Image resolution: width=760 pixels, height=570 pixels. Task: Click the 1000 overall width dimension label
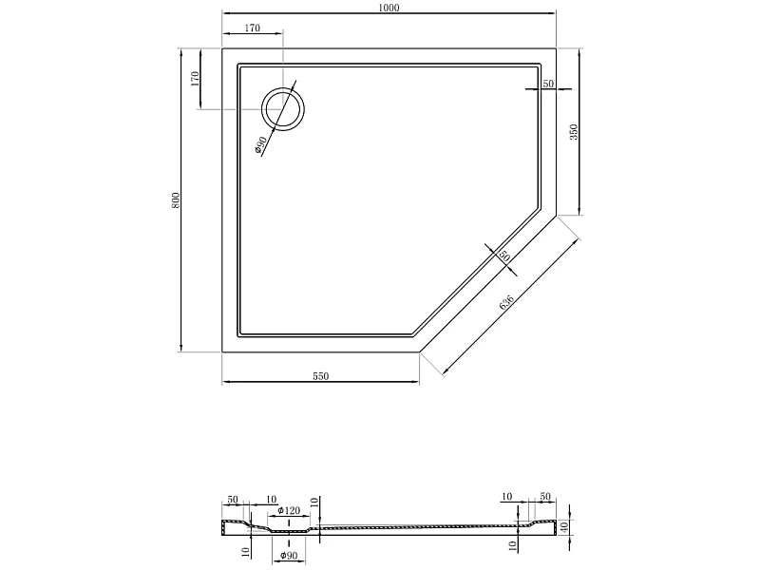(x=389, y=7)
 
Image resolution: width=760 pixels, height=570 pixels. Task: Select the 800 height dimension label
(x=176, y=200)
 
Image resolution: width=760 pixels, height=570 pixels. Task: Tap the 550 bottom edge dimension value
(x=320, y=375)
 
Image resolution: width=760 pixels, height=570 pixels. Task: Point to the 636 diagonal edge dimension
(x=506, y=301)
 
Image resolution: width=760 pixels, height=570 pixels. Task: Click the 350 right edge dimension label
(x=574, y=132)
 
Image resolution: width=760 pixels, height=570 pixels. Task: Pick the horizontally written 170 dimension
(x=252, y=28)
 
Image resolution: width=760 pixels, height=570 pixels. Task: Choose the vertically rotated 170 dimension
(x=195, y=79)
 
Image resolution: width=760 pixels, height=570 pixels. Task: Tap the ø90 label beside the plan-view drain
(x=260, y=145)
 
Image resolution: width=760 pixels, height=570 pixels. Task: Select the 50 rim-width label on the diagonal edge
(x=504, y=256)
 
